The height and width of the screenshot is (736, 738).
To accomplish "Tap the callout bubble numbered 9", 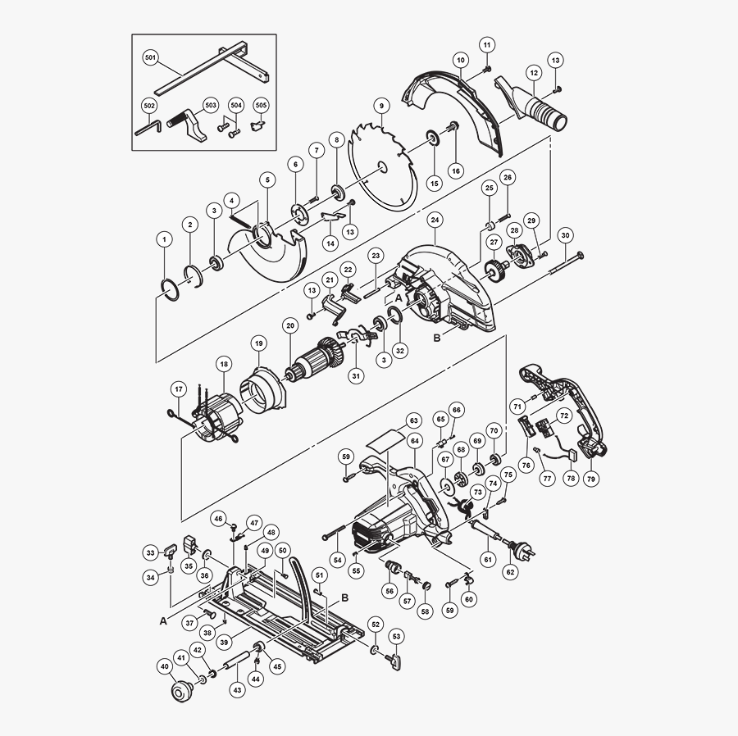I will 380,105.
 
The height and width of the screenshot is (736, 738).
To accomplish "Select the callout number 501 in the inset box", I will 150,58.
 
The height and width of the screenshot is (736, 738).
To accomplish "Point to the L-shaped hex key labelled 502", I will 148,128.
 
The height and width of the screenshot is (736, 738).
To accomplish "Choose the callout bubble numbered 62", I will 510,571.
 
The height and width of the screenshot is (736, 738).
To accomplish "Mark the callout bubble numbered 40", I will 164,667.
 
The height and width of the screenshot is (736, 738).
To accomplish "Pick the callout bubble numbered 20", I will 289,325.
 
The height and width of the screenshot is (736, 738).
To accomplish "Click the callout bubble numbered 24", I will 435,220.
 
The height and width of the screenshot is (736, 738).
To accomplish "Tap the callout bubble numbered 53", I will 396,635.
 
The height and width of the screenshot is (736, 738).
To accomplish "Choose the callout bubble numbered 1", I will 165,239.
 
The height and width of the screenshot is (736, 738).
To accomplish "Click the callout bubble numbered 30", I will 565,234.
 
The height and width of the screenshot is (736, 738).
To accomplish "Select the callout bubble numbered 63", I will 413,420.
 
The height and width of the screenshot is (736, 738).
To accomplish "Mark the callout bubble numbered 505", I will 262,106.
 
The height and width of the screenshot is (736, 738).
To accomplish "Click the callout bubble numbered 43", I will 237,690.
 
